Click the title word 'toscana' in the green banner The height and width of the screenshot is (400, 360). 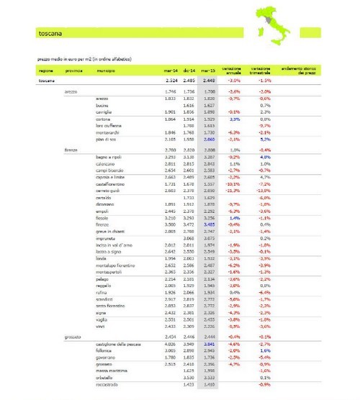tap(48, 33)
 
